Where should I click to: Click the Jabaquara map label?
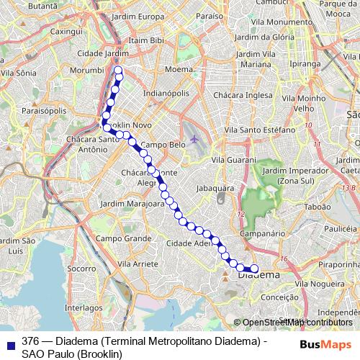[x=215, y=188]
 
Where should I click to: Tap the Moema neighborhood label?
[x=178, y=70]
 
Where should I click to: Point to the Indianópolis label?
[x=166, y=94]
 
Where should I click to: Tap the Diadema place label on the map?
[x=258, y=274]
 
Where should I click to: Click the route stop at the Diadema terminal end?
[x=253, y=268]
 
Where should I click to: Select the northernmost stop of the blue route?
[x=119, y=70]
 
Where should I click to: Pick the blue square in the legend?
[x=9, y=342]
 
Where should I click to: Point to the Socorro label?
[x=81, y=268]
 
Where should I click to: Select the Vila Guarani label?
[x=235, y=159]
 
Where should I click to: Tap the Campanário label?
[x=260, y=234]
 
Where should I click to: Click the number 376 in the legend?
[x=30, y=341]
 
